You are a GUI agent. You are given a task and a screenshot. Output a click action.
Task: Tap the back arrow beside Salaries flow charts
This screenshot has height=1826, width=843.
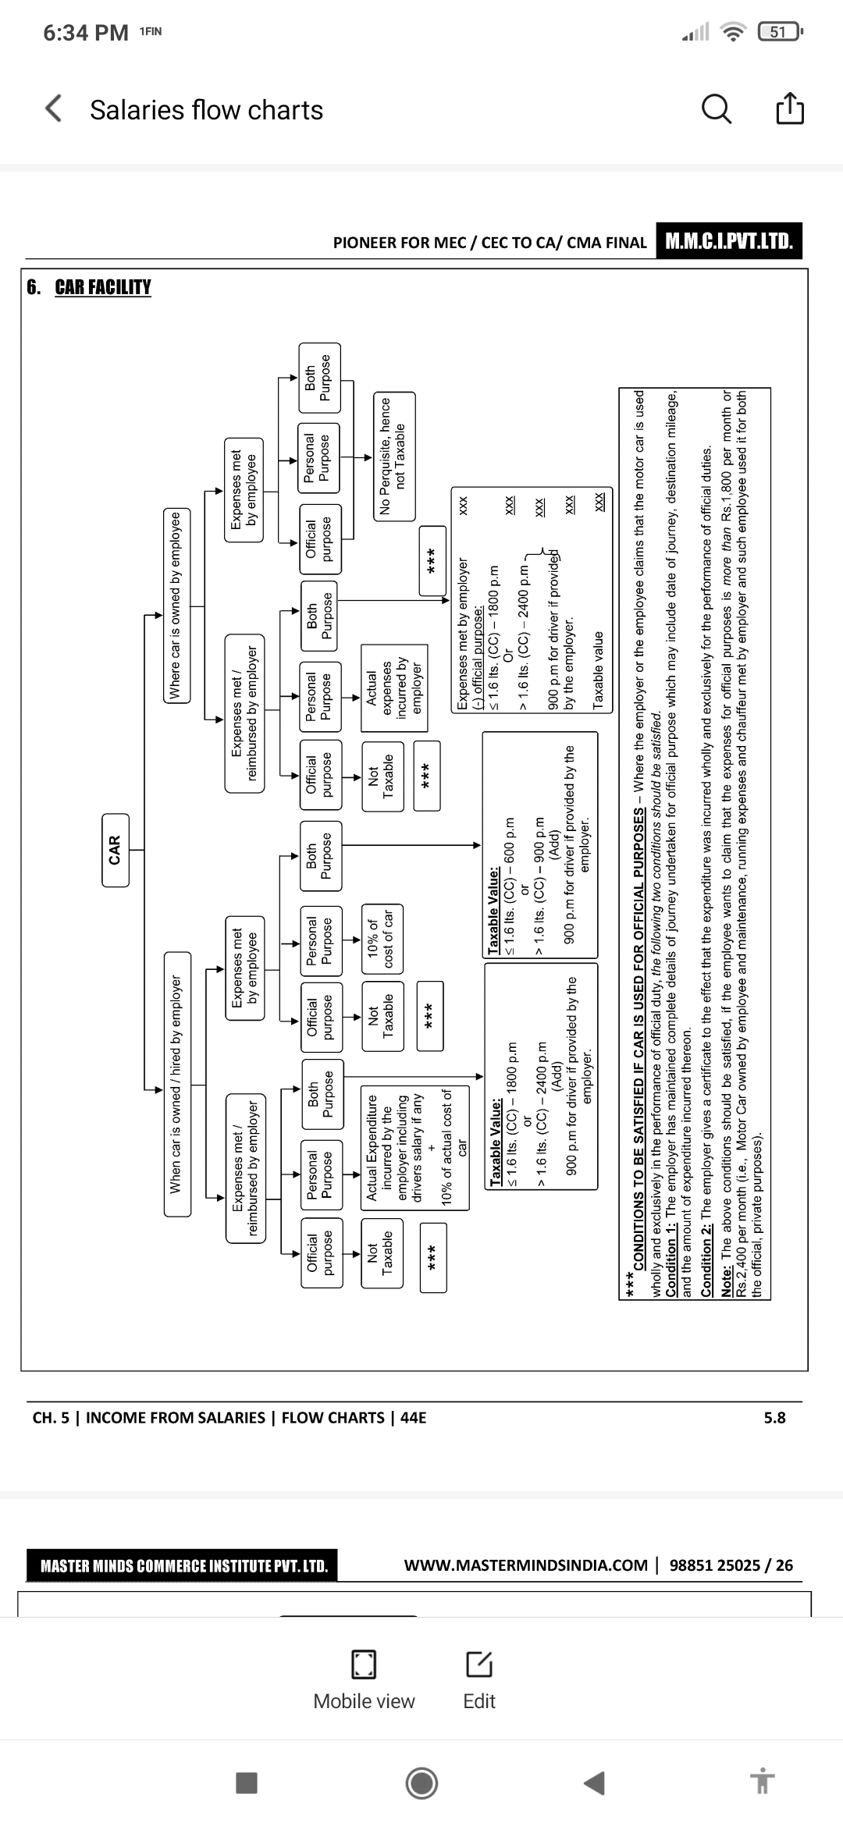pos(53,109)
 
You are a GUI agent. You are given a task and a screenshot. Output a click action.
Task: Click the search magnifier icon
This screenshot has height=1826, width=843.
pos(717,109)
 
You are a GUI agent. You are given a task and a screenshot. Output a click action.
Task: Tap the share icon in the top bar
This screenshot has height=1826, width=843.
pos(788,109)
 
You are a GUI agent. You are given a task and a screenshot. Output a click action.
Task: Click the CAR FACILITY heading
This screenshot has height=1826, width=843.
pos(103,287)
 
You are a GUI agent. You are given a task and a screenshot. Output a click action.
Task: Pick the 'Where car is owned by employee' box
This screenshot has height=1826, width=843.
pos(175,606)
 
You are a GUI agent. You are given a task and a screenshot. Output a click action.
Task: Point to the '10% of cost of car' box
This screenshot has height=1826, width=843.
pos(382,938)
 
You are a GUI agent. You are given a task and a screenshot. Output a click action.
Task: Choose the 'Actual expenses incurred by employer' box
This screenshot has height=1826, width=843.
pos(394,687)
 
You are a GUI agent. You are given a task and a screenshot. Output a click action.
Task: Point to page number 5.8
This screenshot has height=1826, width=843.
pos(774,1417)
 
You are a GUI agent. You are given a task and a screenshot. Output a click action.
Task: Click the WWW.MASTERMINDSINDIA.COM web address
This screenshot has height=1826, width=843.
pos(525,1565)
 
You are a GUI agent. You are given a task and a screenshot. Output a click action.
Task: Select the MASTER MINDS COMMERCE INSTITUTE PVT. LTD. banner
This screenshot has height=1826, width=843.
pos(183,1565)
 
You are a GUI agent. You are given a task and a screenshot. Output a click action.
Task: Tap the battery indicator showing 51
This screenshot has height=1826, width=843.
pos(779,32)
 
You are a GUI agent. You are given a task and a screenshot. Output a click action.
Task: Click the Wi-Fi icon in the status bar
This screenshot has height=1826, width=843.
pos(733,33)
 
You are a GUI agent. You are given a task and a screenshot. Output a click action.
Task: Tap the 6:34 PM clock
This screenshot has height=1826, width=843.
pos(86,33)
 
